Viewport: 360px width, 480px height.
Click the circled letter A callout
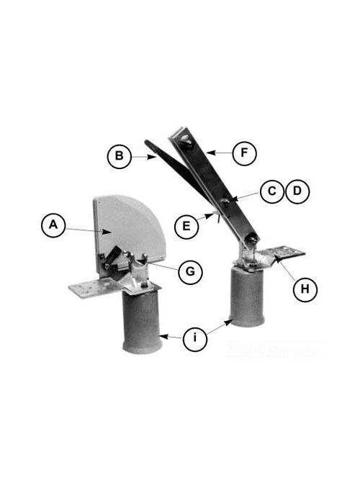pyautogui.click(x=53, y=225)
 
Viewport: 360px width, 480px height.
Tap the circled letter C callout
pyautogui.click(x=271, y=191)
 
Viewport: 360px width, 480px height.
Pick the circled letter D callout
pyautogui.click(x=296, y=191)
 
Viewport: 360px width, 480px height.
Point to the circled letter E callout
pyautogui.click(x=186, y=225)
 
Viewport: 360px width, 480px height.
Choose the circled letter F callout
pyautogui.click(x=245, y=153)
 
